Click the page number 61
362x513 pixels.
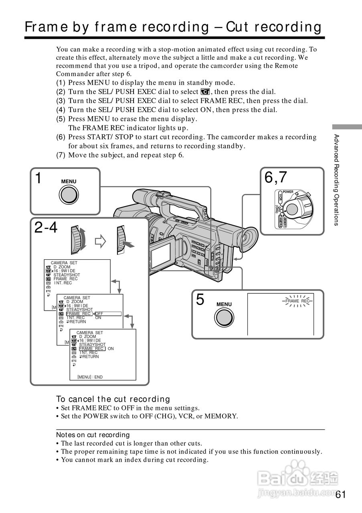coord(340,494)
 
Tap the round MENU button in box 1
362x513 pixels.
coord(69,195)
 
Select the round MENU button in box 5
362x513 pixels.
coord(224,318)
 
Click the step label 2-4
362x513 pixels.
coord(46,228)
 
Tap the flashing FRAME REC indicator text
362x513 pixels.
coord(297,301)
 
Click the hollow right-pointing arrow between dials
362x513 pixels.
coord(99,242)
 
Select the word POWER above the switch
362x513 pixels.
coord(288,192)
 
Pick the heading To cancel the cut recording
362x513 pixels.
coord(113,399)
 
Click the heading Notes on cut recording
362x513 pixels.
coord(93,435)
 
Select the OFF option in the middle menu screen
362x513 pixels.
coord(99,314)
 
